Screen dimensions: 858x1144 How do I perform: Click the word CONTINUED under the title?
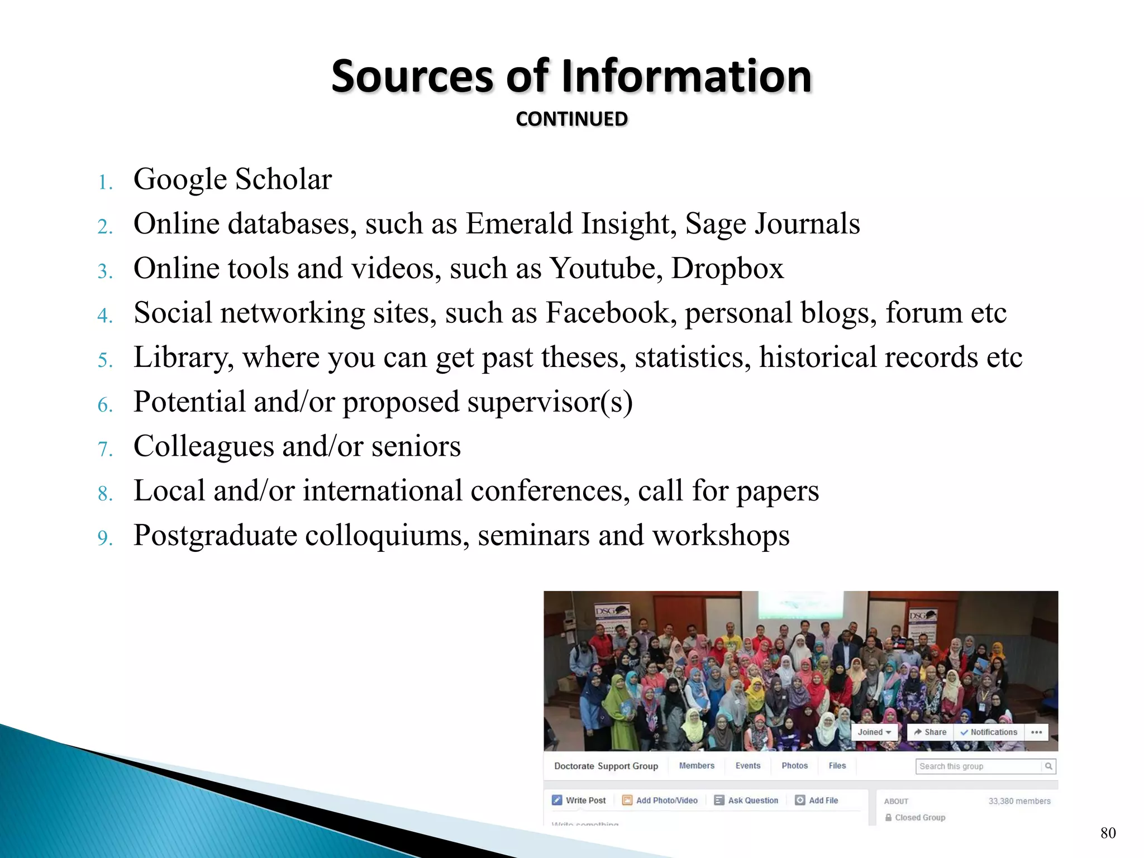click(571, 119)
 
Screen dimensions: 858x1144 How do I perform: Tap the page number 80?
click(1108, 833)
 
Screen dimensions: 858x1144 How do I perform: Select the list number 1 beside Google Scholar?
click(105, 182)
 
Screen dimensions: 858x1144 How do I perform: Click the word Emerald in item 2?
click(519, 223)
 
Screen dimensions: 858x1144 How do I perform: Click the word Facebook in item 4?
click(607, 312)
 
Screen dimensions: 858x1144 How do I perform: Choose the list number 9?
click(105, 537)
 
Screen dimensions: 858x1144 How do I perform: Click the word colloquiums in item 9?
click(387, 535)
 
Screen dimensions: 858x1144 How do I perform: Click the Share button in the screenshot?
click(930, 732)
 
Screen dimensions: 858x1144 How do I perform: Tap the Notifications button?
click(989, 732)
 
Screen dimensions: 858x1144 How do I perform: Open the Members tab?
click(697, 766)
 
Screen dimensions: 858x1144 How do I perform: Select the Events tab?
click(747, 766)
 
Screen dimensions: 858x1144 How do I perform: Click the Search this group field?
click(979, 766)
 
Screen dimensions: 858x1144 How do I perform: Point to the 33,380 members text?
click(1019, 801)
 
